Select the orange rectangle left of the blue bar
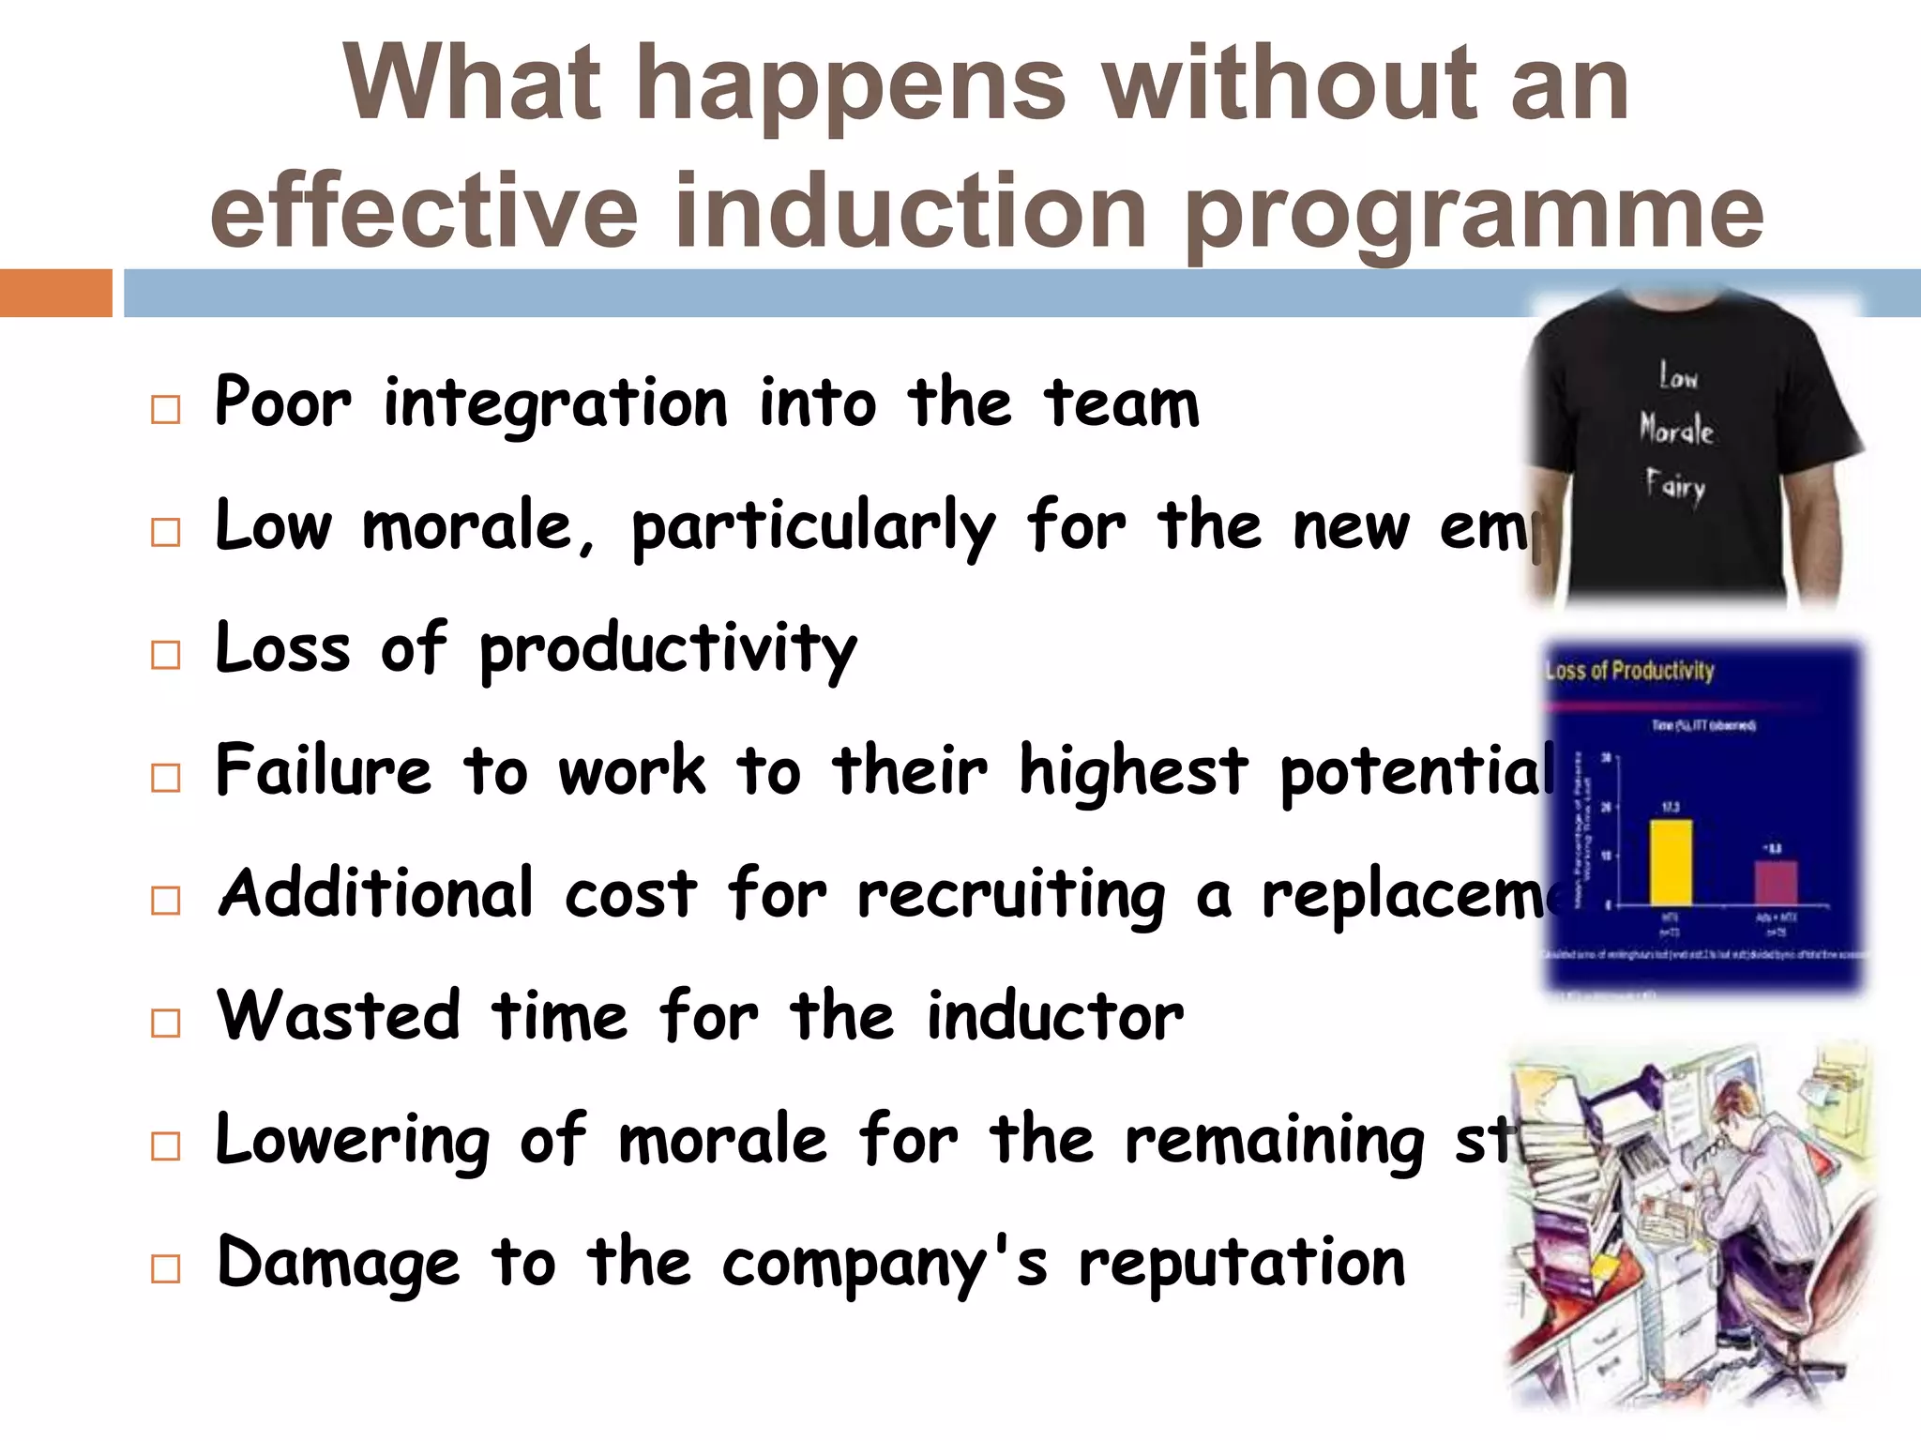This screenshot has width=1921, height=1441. pyautogui.click(x=55, y=293)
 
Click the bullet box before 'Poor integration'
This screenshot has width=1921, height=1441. pyautogui.click(x=165, y=410)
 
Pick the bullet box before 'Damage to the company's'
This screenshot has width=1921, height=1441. pyautogui.click(x=165, y=1268)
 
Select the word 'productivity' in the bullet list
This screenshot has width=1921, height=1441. pyautogui.click(x=668, y=651)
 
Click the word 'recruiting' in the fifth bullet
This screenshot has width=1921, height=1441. pyautogui.click(x=1011, y=895)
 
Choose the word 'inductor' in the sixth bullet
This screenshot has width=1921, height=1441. pyautogui.click(x=1055, y=1017)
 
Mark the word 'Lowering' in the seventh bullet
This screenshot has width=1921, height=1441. pyautogui.click(x=353, y=1141)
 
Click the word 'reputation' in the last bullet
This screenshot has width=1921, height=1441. pyautogui.click(x=1242, y=1263)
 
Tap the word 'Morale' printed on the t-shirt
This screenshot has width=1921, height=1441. pyautogui.click(x=1676, y=430)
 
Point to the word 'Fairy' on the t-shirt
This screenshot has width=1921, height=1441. pyautogui.click(x=1675, y=485)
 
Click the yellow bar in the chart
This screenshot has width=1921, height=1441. pyautogui.click(x=1671, y=862)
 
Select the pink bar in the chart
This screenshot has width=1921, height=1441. pyautogui.click(x=1776, y=882)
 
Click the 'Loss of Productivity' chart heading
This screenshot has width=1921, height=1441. pyautogui.click(x=1630, y=671)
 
